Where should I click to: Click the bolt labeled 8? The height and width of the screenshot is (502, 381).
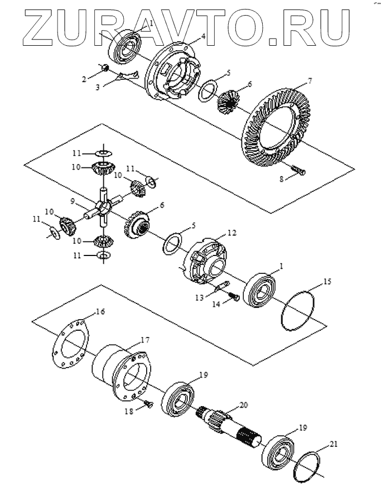click(298, 170)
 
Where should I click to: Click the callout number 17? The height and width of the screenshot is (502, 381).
click(144, 340)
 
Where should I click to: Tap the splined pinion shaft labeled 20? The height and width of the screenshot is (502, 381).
click(228, 427)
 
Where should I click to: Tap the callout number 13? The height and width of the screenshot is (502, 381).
click(200, 298)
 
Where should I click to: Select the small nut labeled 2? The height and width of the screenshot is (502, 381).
click(104, 67)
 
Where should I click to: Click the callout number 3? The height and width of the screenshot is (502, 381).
click(98, 87)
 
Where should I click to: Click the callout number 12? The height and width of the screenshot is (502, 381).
click(232, 233)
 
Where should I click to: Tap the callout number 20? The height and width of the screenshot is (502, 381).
click(243, 406)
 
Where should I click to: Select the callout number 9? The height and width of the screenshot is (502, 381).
click(73, 201)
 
